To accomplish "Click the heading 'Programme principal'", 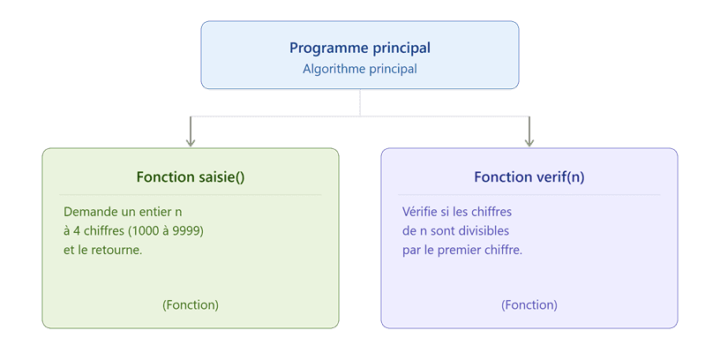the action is pos(360,48).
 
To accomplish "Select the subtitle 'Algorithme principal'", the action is pos(360,69).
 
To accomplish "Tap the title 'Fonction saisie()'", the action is pos(191,176).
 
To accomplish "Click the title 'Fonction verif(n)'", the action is pos(529,176).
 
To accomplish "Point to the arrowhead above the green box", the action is pos(191,143).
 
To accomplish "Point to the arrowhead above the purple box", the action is pos(529,143).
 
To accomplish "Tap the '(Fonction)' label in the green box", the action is pos(191,305).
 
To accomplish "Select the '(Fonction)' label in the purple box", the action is pos(529,305).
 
